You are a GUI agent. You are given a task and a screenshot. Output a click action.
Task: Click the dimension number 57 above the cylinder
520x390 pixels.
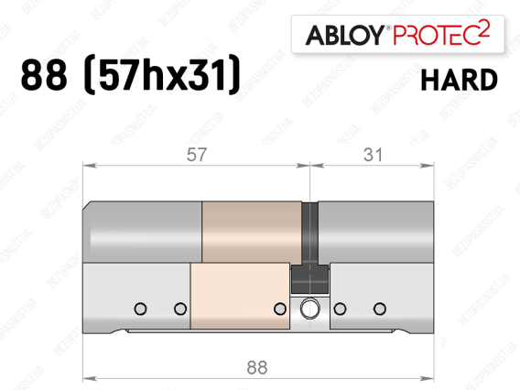pyautogui.click(x=197, y=155)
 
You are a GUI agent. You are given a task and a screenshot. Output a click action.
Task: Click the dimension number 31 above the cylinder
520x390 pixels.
pyautogui.click(x=374, y=155)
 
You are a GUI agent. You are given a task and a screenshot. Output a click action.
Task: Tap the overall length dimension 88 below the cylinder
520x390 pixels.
pyautogui.click(x=257, y=367)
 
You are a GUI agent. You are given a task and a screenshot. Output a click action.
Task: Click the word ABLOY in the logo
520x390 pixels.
pyautogui.click(x=345, y=35)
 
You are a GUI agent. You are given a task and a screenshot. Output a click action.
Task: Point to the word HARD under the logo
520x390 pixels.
pyautogui.click(x=460, y=80)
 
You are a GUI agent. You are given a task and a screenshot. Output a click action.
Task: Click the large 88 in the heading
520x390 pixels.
pyautogui.click(x=44, y=75)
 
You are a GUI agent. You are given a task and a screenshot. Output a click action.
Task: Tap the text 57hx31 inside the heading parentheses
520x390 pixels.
pyautogui.click(x=162, y=75)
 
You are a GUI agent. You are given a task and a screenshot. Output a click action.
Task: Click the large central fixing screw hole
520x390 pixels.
pyautogui.click(x=309, y=309)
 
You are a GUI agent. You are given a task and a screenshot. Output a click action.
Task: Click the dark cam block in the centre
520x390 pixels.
pyautogui.click(x=309, y=278)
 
